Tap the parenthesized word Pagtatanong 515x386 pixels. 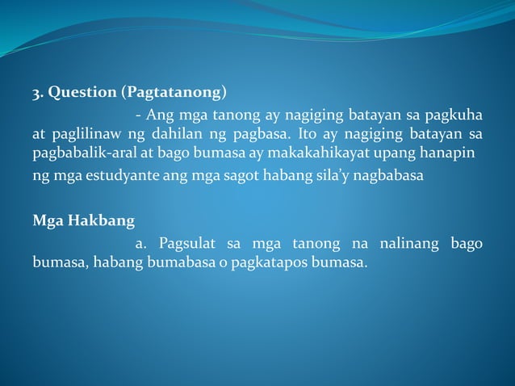(174, 91)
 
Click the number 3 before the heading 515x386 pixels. (36, 91)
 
